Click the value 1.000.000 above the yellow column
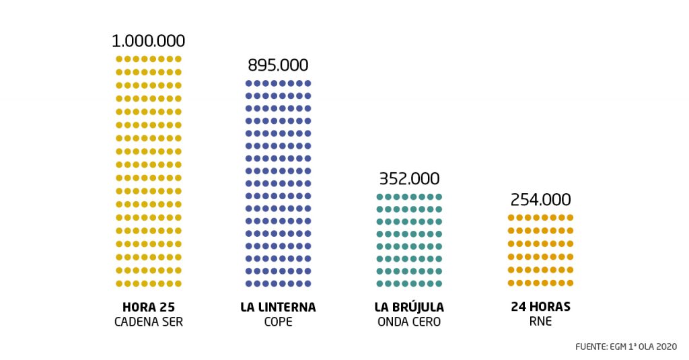149,40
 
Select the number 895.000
278,65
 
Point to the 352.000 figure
409,179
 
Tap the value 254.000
540,200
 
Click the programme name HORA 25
149,308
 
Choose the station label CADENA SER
149,322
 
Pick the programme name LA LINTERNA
278,308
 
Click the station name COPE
278,322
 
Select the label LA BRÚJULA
409,308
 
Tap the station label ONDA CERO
409,322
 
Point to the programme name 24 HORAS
540,308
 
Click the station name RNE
540,322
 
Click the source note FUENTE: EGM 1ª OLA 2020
626,347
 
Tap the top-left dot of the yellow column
119,59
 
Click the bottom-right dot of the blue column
308,283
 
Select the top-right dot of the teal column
439,197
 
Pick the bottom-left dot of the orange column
511,283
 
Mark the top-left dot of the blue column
248,83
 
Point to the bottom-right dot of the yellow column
178,283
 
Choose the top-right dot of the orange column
571,218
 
